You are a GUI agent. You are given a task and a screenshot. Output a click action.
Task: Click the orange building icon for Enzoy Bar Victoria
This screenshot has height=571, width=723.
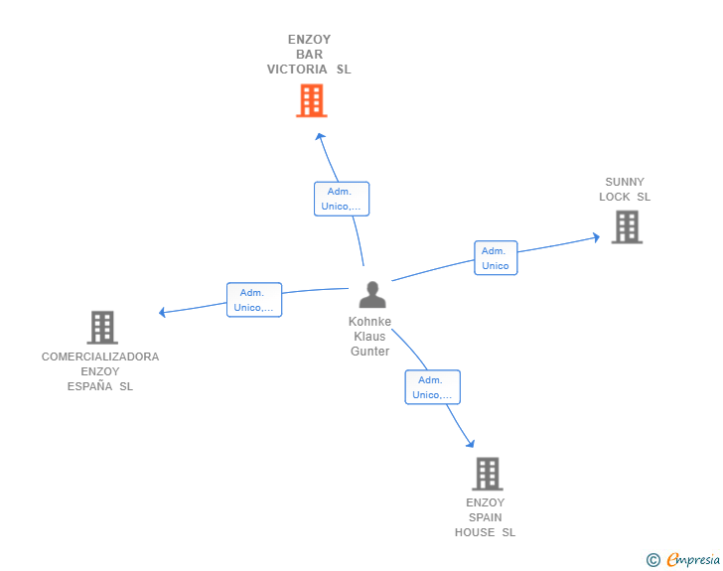click(312, 100)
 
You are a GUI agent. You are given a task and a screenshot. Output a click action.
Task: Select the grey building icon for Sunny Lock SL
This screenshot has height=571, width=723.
click(627, 227)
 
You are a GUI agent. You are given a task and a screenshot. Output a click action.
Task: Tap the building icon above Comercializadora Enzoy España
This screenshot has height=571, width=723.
click(102, 328)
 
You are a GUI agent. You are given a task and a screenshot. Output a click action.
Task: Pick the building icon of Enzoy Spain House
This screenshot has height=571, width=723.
click(488, 474)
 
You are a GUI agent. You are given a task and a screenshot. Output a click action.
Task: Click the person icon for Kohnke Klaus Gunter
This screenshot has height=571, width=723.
click(372, 295)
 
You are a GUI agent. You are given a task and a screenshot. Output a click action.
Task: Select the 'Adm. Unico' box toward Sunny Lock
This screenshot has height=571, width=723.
click(496, 258)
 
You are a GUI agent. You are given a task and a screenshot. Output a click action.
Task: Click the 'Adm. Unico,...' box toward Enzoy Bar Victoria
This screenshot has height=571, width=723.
click(342, 199)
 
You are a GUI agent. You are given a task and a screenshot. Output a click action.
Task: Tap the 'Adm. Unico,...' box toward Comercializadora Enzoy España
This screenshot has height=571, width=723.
click(254, 300)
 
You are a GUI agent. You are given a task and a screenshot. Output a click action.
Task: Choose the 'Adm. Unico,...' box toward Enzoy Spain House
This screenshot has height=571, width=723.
click(433, 387)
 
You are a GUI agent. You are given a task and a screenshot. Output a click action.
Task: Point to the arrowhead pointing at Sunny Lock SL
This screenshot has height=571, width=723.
click(596, 237)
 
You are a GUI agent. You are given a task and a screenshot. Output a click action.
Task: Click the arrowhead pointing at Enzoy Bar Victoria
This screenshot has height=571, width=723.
click(320, 136)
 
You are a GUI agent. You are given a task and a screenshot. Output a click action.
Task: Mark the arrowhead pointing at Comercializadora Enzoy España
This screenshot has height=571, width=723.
click(162, 312)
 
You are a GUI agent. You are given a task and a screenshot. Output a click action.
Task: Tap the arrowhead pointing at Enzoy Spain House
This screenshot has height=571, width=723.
click(471, 444)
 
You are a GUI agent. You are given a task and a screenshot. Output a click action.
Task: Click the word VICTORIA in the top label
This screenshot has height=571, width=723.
click(297, 70)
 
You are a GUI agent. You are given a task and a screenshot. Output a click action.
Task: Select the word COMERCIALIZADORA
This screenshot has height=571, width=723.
click(100, 357)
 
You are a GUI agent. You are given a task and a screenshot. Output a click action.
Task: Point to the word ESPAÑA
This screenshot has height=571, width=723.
click(90, 386)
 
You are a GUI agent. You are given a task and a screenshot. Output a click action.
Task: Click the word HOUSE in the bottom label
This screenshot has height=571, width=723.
click(475, 532)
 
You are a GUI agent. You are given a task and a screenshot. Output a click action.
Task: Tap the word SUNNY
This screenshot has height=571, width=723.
click(625, 182)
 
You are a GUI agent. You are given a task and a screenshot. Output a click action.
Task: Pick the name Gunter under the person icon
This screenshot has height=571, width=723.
click(369, 351)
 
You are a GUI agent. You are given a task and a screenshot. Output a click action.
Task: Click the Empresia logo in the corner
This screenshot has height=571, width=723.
click(683, 559)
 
